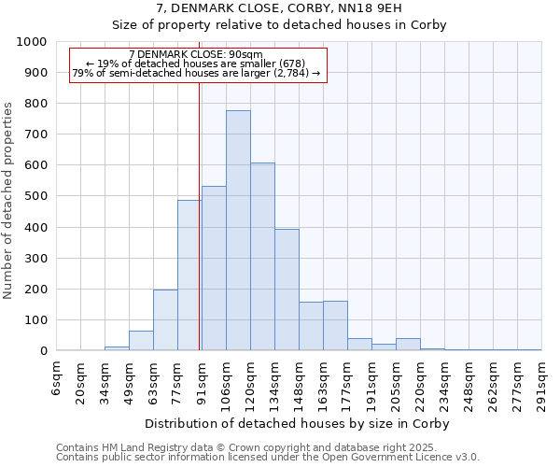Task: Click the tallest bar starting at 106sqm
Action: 238,231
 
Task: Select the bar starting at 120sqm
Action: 262,257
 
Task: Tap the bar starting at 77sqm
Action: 189,276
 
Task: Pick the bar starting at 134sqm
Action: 287,290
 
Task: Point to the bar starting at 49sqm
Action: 141,341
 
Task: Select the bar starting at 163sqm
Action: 335,326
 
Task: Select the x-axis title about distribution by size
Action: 298,423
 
